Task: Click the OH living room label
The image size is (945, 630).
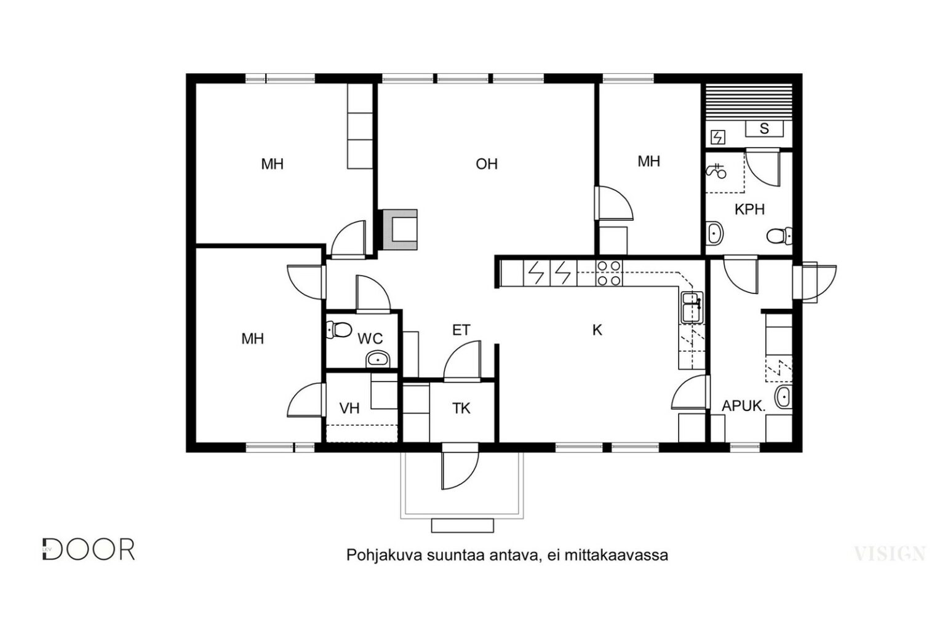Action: [487, 164]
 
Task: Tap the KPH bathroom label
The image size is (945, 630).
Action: [749, 209]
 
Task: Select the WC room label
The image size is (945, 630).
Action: [370, 338]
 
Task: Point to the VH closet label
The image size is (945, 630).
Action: [349, 408]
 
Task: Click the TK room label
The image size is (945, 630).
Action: [461, 408]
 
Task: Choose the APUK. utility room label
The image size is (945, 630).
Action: [743, 406]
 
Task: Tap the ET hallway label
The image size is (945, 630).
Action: [461, 330]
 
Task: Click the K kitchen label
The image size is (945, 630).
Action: [597, 330]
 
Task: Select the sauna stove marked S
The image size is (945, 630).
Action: [764, 129]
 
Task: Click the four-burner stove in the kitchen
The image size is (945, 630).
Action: [609, 273]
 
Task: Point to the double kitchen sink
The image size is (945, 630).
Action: [692, 307]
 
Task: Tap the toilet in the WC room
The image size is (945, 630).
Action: [339, 329]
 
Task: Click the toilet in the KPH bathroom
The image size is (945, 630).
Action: [780, 236]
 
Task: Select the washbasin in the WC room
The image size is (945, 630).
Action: [378, 359]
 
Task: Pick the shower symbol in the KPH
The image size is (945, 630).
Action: [716, 172]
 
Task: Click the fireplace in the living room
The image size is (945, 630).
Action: [400, 229]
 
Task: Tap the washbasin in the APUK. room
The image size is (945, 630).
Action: [783, 397]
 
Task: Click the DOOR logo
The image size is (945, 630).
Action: [89, 549]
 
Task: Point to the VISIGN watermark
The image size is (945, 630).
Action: [890, 554]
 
